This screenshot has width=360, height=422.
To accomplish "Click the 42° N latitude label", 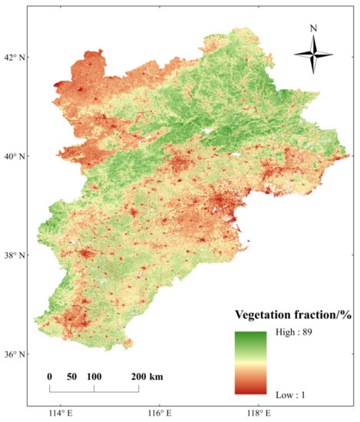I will pos(13,57).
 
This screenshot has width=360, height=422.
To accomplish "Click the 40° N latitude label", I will pos(13,156).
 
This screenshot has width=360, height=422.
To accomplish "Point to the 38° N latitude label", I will pos(13,255).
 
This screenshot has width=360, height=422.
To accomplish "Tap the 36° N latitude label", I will pos(13,354).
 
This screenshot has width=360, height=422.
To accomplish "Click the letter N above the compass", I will pos(313,28).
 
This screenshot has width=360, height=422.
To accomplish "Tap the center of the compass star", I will pos(313,55).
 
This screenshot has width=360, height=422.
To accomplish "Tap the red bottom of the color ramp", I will pos(250,389).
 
